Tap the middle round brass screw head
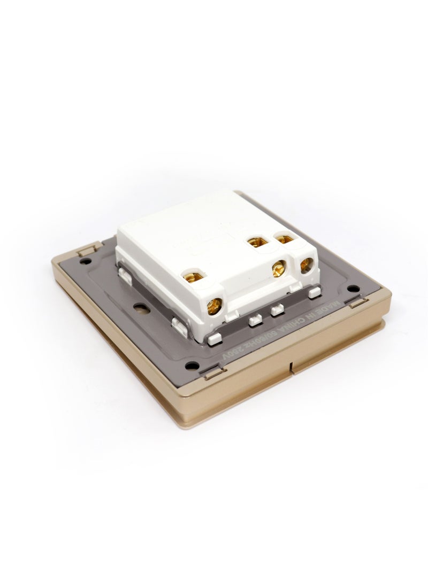click(278, 269)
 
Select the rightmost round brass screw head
click(307, 266)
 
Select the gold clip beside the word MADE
click(357, 305)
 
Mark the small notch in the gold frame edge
click(290, 367)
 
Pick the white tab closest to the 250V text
click(214, 338)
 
